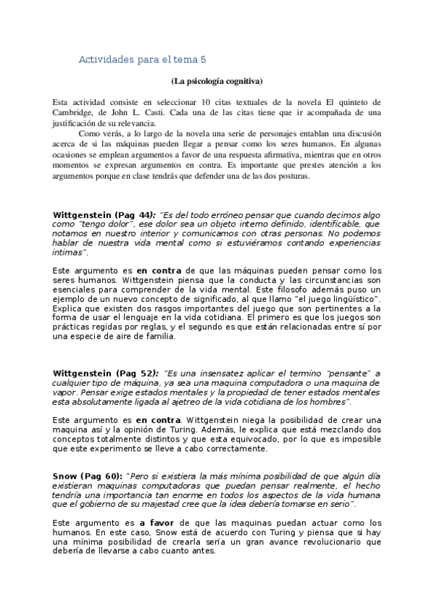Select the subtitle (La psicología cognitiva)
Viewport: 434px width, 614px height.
coord(217,80)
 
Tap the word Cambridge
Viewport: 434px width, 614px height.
coord(75,113)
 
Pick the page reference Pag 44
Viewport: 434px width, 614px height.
coord(134,215)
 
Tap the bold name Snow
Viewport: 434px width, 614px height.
coord(65,476)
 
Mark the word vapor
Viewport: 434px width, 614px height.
coord(67,392)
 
